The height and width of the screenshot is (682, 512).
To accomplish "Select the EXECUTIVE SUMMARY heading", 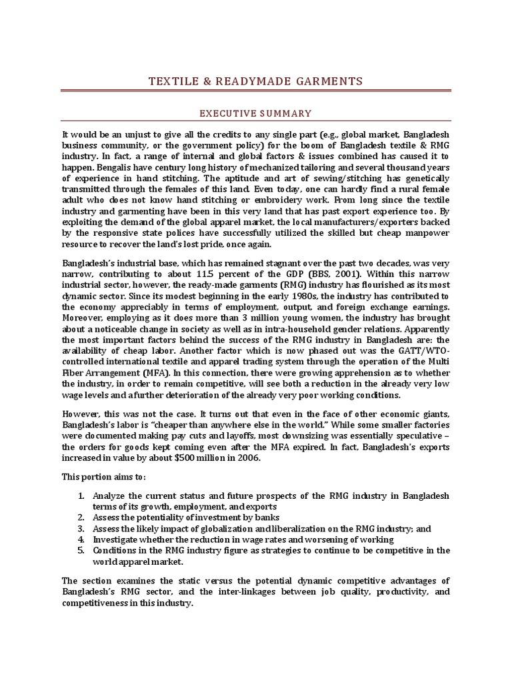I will point(256,114).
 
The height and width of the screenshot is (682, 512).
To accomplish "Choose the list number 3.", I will point(81,528).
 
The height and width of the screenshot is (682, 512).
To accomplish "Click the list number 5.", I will point(81,549).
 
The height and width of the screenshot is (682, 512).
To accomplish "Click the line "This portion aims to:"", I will point(103,477).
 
